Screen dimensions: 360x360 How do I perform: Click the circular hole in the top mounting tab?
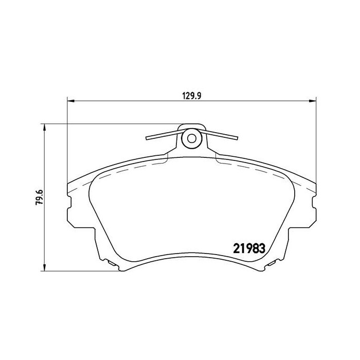[x=191, y=138]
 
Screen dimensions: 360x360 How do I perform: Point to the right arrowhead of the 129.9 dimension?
[x=312, y=101]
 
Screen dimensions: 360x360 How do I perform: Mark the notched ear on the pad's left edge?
[x=68, y=210]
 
